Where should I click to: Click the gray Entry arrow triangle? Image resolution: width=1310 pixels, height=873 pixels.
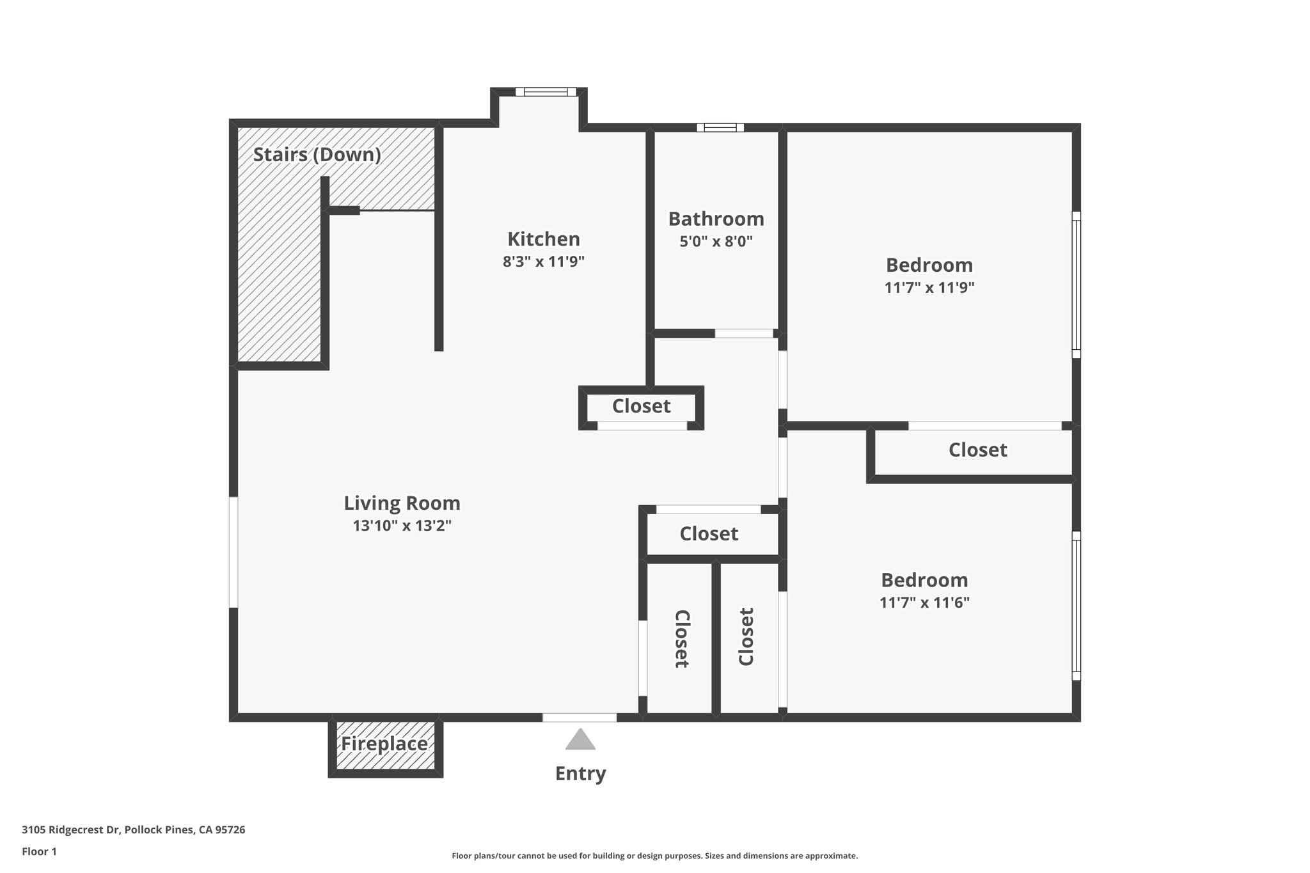click(x=580, y=741)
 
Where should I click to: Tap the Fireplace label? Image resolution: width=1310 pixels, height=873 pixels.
click(x=384, y=744)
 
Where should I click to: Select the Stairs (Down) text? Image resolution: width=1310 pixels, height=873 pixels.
click(x=317, y=155)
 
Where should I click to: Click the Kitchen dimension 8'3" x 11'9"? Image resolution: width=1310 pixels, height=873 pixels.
click(x=544, y=262)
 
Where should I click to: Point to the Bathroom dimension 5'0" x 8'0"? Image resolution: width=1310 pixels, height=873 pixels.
click(x=716, y=242)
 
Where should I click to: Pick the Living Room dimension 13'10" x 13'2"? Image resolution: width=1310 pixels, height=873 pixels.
click(x=402, y=526)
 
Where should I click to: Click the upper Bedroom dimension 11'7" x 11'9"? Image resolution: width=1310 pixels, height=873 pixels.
click(x=929, y=288)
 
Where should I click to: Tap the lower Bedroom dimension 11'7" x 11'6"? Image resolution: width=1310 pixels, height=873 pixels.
click(x=924, y=602)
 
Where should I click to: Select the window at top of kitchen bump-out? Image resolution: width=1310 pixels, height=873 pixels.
click(x=546, y=92)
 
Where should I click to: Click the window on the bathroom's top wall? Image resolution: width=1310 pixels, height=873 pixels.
click(x=720, y=127)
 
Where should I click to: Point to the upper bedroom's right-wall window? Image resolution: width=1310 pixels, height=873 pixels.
click(x=1077, y=285)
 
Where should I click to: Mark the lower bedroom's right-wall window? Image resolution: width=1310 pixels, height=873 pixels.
click(x=1077, y=605)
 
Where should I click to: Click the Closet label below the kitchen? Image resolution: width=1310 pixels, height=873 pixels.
click(x=641, y=406)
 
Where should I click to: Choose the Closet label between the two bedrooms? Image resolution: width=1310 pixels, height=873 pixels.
click(x=977, y=450)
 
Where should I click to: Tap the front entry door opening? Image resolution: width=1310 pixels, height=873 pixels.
click(x=580, y=718)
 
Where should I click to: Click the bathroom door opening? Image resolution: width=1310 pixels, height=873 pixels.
click(x=743, y=333)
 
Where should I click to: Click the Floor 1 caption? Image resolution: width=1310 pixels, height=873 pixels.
click(x=39, y=851)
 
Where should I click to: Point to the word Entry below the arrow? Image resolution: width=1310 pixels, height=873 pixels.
click(x=580, y=773)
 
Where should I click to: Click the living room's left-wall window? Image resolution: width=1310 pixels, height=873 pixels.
click(x=233, y=552)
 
